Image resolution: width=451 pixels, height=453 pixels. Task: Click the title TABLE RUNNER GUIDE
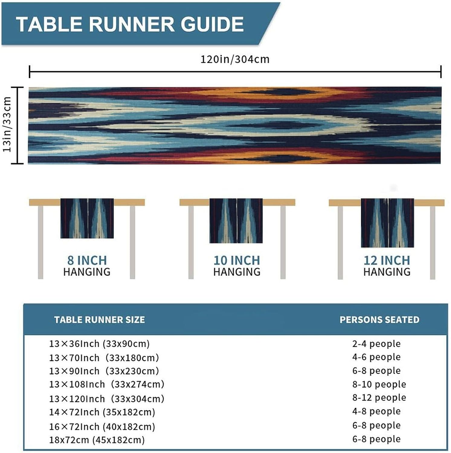click(x=130, y=24)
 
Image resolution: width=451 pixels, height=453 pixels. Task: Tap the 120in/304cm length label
click(x=235, y=59)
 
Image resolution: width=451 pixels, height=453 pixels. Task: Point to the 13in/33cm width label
click(x=7, y=124)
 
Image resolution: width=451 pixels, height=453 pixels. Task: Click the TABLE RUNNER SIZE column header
click(x=99, y=320)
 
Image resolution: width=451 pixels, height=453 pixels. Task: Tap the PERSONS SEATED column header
click(x=379, y=320)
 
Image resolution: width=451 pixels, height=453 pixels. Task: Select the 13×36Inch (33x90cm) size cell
click(x=99, y=344)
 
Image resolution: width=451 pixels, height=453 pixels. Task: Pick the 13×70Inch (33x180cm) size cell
click(x=104, y=358)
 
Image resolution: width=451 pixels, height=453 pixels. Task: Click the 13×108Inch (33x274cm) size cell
click(x=107, y=384)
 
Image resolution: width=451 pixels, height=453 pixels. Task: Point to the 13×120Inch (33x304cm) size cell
click(x=107, y=399)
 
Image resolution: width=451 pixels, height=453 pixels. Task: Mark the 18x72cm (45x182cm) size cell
click(x=97, y=440)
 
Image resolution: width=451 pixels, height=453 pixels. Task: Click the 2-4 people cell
click(x=376, y=344)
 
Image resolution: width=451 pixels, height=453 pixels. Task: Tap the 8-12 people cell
click(x=379, y=397)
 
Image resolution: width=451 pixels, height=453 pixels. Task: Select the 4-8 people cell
click(x=376, y=411)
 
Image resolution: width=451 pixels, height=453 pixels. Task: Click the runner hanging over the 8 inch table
click(x=87, y=218)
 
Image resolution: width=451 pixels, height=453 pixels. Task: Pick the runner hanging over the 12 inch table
click(x=387, y=223)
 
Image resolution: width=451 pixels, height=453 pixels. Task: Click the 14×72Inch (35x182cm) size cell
click(x=102, y=412)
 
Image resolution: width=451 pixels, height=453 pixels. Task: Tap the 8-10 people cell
click(x=379, y=384)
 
